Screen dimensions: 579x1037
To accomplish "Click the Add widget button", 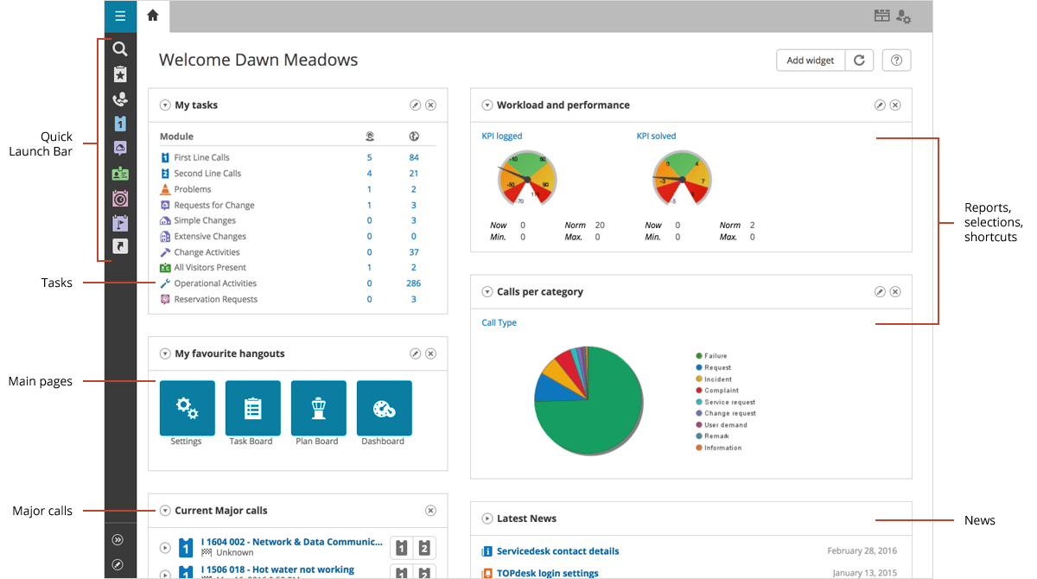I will coord(810,60).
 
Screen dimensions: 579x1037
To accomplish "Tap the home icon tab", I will coord(153,16).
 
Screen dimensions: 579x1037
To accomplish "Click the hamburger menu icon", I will coord(120,16).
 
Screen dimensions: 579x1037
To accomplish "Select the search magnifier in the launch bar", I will coord(120,49).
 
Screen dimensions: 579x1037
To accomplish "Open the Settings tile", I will coord(187,408).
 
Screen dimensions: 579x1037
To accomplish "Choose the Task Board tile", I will coord(252,408).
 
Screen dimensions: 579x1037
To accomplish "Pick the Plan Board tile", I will coord(318,408).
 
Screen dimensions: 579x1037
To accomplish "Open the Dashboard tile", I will coord(384,408).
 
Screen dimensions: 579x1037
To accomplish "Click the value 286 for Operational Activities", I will coord(413,283).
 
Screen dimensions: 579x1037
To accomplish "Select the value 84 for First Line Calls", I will coord(414,157).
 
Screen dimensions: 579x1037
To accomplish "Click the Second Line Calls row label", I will coord(207,174).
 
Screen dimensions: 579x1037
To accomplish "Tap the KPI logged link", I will coord(502,136).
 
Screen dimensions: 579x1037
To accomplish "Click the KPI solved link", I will coord(656,136).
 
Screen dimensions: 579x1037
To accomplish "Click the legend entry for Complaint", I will coord(721,391).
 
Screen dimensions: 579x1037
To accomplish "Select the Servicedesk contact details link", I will coord(557,551).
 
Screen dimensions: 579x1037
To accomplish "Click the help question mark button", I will coord(897,60).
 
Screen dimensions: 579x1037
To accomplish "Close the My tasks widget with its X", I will coord(430,105).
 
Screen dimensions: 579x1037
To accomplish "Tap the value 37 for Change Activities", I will coord(414,252).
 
